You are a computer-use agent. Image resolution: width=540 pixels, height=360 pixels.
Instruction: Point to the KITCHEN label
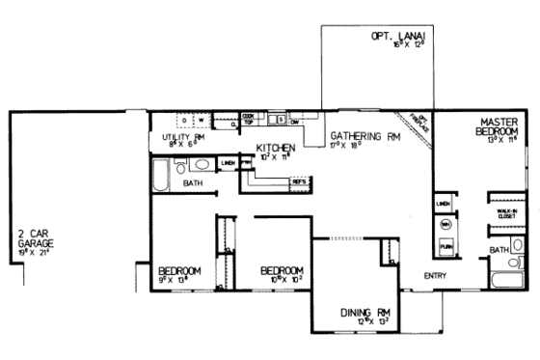coord(275,147)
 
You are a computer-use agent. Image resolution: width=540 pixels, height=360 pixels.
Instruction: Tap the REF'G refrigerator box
coord(299,180)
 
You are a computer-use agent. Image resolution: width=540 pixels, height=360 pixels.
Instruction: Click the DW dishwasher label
coord(294,121)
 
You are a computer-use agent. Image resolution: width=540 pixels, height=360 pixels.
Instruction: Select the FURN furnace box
coord(445,247)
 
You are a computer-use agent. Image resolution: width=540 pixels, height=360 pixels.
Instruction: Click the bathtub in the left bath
coord(161,176)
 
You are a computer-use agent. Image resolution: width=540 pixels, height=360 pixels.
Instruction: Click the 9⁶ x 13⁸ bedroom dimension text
coord(179,279)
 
